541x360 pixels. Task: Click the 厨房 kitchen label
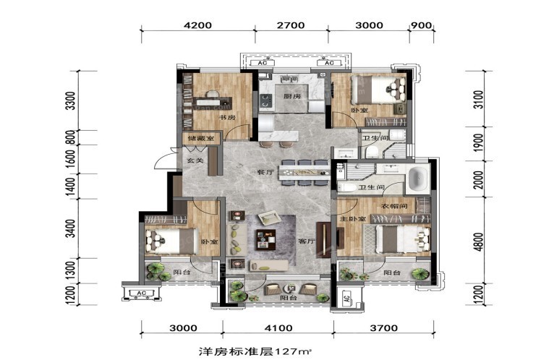coord(292,96)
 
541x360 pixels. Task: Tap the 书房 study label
coord(227,118)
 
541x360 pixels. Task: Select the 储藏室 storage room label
coord(201,139)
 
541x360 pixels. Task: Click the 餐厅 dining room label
coord(265,172)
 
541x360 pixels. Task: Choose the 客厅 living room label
coord(307,241)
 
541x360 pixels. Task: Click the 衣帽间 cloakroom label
coord(394,206)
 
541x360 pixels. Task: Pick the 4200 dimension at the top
coord(197,25)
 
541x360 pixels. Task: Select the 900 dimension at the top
coord(422,25)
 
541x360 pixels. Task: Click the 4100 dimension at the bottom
coord(278,328)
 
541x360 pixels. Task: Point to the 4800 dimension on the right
coord(479,242)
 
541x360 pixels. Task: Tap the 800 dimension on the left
coord(70,137)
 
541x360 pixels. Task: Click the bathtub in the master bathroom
coord(418,180)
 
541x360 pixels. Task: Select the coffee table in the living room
coord(265,240)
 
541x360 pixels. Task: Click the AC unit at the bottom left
coord(142,293)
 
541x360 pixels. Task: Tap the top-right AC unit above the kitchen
coord(329,63)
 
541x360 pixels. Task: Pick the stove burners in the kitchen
coord(265,100)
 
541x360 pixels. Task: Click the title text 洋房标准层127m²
coord(255,351)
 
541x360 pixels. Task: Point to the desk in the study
coord(212,102)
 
